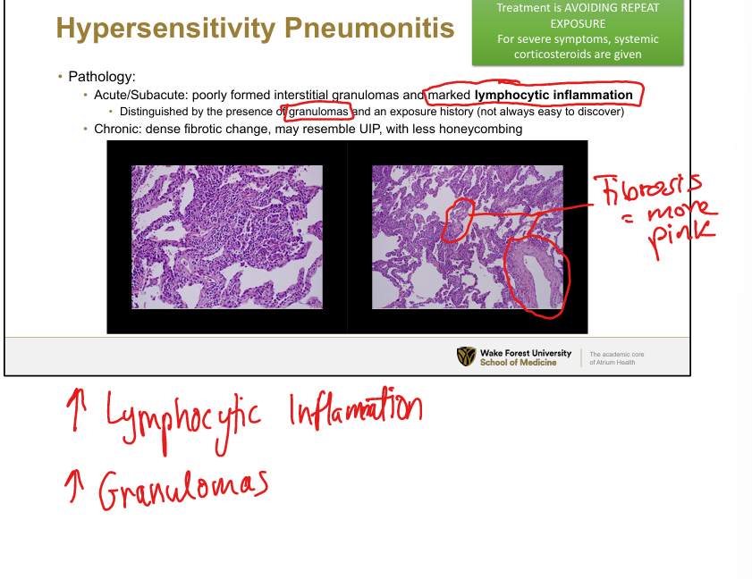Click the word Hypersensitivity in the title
[x=166, y=29]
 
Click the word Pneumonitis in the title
[x=369, y=28]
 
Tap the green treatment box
[x=578, y=31]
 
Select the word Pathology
[x=102, y=77]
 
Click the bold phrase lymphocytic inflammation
[x=553, y=95]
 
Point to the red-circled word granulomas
[x=318, y=112]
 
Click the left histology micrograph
[x=227, y=237]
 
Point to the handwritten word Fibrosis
[x=647, y=189]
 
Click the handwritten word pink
[x=681, y=239]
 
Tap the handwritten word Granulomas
[x=183, y=490]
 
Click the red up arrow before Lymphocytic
[x=75, y=410]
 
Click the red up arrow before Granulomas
[x=74, y=486]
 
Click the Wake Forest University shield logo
[x=466, y=357]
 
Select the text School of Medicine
[x=518, y=363]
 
